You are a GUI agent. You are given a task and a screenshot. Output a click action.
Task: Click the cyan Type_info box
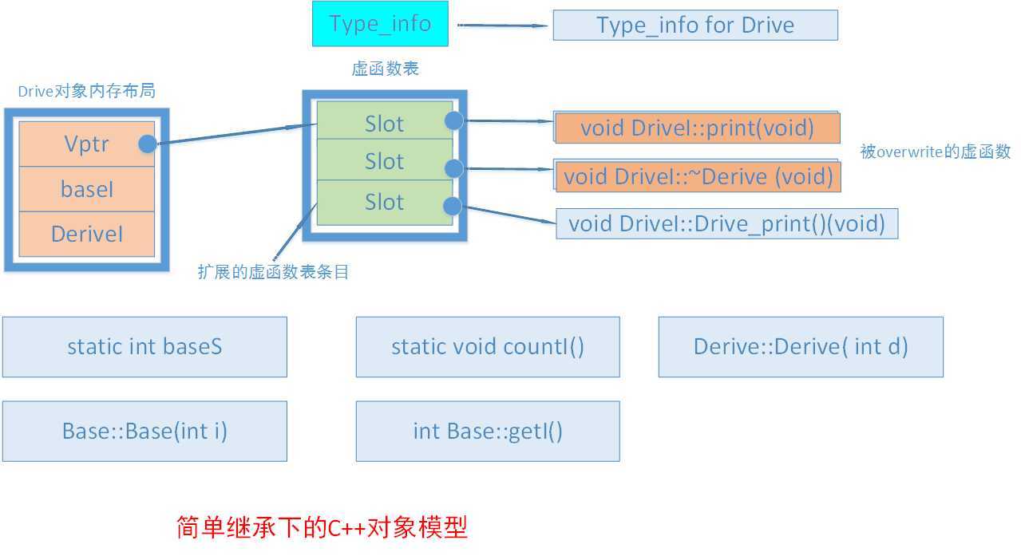tap(380, 24)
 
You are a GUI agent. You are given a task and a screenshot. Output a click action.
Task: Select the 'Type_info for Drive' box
tap(695, 25)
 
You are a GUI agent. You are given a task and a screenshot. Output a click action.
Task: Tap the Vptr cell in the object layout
tap(86, 144)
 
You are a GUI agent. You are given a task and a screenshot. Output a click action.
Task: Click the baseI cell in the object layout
tap(86, 189)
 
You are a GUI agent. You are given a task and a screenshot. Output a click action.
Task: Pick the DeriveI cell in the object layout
tap(86, 234)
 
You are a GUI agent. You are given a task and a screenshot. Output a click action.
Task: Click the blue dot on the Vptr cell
tap(148, 144)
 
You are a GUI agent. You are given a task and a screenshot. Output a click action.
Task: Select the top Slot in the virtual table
tap(384, 123)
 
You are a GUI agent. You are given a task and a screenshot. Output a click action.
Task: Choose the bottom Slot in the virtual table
tap(384, 203)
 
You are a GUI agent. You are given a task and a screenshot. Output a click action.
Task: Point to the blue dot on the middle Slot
tap(453, 168)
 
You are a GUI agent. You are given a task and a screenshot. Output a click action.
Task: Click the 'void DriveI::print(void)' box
tap(697, 128)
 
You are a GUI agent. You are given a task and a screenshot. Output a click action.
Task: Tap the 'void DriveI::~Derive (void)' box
tap(697, 175)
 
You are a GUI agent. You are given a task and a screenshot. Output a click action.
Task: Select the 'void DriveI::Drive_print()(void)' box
tap(726, 223)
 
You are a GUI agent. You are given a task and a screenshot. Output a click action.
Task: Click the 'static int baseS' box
tap(144, 347)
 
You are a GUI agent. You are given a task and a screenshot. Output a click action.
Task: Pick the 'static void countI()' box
tap(487, 347)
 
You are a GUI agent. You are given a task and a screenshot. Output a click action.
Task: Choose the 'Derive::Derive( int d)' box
tap(800, 347)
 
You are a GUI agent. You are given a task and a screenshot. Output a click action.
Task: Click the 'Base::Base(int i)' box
tap(144, 432)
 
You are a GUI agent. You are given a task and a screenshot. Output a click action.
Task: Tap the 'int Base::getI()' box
tap(487, 432)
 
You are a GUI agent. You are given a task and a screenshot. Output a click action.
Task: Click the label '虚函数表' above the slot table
tap(385, 69)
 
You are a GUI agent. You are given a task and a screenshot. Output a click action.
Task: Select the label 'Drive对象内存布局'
tap(86, 92)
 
